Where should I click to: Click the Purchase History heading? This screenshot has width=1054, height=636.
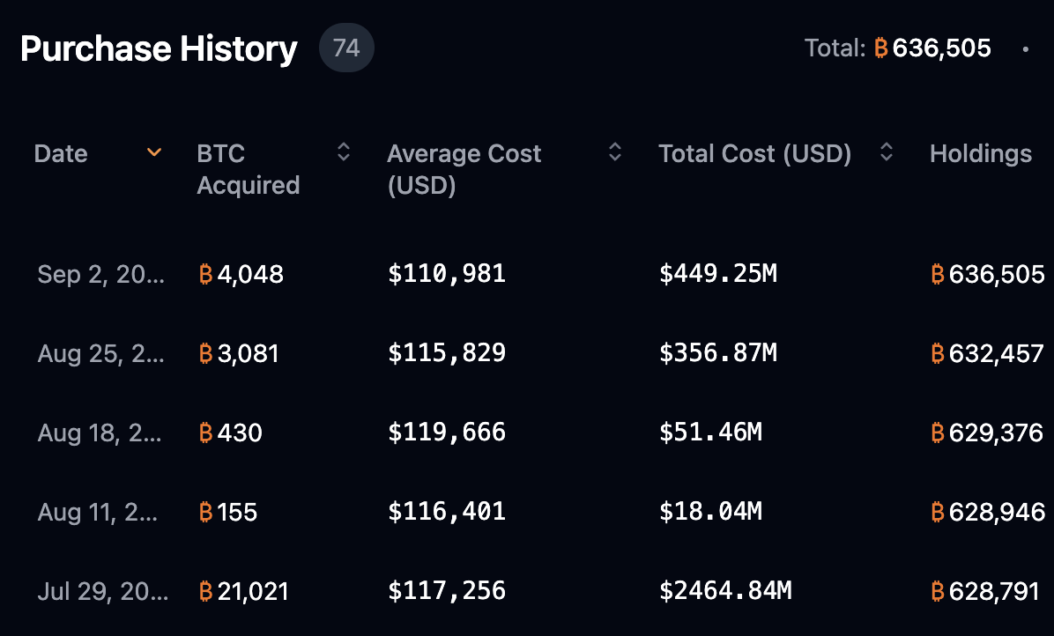[x=159, y=48]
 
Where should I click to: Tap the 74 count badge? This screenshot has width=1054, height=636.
[x=346, y=48]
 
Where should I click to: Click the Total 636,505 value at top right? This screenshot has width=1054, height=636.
[x=932, y=48]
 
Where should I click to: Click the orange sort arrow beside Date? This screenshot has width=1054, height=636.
[x=154, y=153]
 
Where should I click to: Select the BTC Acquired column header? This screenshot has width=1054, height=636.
[x=248, y=169]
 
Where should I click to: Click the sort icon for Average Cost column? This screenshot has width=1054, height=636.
[x=615, y=153]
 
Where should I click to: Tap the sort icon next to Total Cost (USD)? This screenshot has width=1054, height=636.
[x=887, y=153]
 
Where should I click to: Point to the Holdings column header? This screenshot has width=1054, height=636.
[x=980, y=154]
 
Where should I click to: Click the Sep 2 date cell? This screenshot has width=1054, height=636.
[x=100, y=274]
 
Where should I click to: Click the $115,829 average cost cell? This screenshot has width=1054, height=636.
[x=447, y=353]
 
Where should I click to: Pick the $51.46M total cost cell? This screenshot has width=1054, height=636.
[x=710, y=433]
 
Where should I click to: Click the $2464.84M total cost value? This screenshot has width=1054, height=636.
[x=725, y=590]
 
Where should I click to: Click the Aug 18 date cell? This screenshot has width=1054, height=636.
[x=100, y=433]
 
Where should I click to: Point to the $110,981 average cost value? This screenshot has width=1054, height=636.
[x=447, y=274]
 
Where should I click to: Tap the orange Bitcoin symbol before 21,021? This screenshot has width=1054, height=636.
[x=206, y=591]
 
